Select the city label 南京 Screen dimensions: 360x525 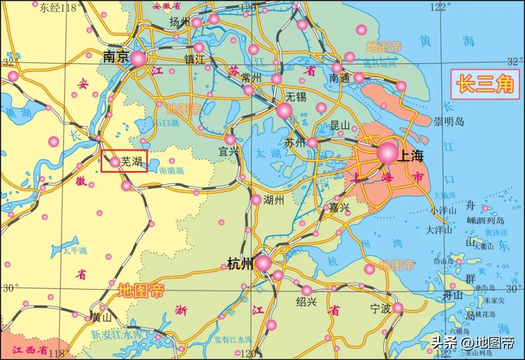pos(115,57)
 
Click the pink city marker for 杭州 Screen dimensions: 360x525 pos(263,263)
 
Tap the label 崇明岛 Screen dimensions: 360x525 pos(449,121)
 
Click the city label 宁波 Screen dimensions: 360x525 pos(381,309)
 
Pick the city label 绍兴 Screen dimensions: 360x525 pos(307,302)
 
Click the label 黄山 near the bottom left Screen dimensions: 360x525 pos(102,318)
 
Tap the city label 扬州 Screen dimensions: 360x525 pos(179,22)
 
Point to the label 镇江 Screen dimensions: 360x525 pos(195,59)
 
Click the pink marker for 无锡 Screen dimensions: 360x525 pos(284,110)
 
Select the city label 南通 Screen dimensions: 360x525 pos(339,78)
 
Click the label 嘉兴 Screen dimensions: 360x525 pos(339,208)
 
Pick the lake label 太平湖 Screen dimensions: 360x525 pos(75,251)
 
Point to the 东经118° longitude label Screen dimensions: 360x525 pos(58,7)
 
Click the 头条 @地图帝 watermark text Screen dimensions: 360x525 pos(472,342)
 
